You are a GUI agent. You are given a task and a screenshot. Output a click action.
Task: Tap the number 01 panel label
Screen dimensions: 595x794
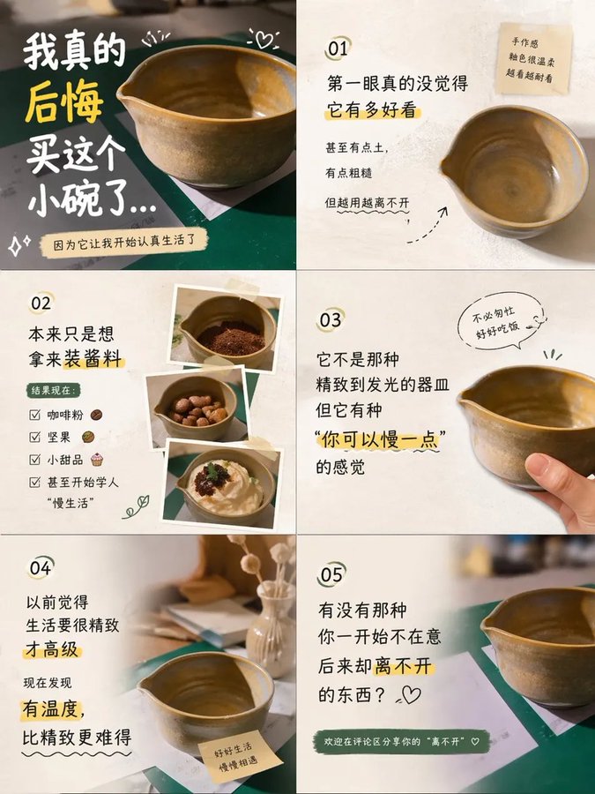pos(338,49)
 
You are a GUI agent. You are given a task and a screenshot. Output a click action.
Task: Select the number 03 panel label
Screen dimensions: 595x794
pos(331,320)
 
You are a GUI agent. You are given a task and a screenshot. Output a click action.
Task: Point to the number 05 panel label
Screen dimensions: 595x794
pos(331,574)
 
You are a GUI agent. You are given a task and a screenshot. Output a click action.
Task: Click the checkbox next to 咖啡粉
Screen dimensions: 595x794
pos(35,416)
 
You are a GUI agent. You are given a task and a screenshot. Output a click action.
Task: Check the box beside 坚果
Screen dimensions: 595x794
pos(35,437)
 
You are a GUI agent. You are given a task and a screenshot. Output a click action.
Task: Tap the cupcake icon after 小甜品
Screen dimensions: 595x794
pos(97,460)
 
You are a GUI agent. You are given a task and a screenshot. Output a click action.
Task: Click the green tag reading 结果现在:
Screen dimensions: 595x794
pos(54,391)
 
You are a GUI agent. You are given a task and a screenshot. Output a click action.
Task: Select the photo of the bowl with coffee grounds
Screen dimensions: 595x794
pos(226,327)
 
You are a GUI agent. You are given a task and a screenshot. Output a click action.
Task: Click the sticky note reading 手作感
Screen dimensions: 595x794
pos(533,59)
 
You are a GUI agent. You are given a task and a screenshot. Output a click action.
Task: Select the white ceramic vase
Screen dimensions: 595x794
pos(271,622)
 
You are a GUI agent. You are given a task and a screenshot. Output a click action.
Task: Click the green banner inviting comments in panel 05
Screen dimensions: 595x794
pos(401,741)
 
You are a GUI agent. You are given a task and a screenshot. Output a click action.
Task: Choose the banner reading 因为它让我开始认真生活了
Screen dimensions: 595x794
pos(123,243)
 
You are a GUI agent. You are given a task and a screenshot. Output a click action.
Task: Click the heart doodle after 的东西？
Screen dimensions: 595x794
pos(410,695)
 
